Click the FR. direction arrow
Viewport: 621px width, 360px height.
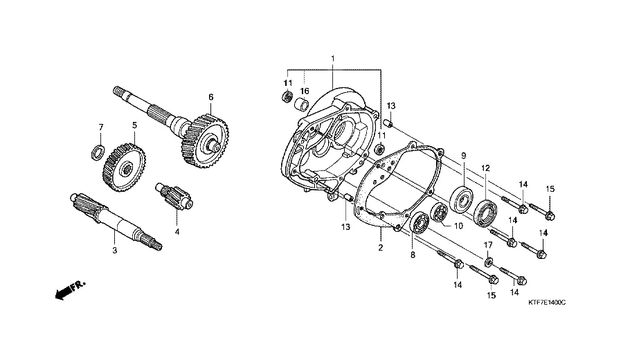70,289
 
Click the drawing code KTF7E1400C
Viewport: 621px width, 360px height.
547,303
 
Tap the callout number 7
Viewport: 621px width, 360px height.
101,127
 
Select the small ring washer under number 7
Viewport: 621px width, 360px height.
98,152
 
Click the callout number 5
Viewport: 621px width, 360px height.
135,125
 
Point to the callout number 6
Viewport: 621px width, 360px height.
211,97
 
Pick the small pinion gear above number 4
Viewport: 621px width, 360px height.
174,196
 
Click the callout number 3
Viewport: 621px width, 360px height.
114,251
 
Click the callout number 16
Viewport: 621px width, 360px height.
304,91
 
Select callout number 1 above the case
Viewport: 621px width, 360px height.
333,59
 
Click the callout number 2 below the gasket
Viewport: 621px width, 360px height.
381,248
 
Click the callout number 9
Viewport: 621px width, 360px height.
463,156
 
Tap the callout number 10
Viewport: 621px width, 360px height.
458,226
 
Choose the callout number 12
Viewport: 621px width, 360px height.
485,168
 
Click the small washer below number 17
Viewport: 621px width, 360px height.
487,261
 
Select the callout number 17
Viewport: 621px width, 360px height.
487,245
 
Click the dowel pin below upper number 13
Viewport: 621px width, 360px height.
389,124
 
